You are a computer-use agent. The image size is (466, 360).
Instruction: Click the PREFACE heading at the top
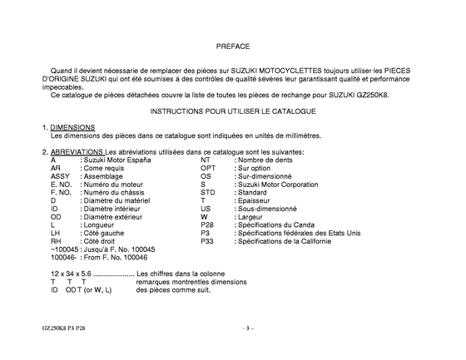pyautogui.click(x=232, y=47)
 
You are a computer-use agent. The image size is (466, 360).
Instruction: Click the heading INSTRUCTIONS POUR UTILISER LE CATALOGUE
pyautogui.click(x=232, y=110)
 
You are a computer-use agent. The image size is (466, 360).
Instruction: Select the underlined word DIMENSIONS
pyautogui.click(x=72, y=126)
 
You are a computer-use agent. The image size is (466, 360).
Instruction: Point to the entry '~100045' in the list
pyautogui.click(x=65, y=249)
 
